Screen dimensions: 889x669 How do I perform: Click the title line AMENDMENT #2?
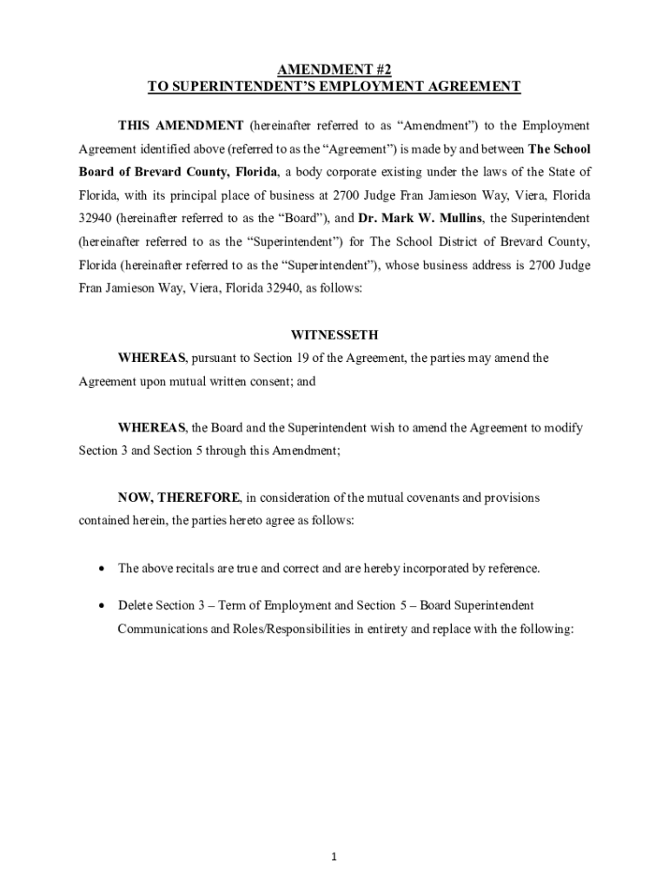tap(334, 69)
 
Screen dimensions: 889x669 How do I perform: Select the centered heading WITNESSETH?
tap(334, 334)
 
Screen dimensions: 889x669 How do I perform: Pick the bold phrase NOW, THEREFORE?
tap(179, 497)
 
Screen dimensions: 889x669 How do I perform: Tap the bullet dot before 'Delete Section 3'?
tap(103, 605)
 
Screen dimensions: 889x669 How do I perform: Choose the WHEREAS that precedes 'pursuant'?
tap(152, 358)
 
